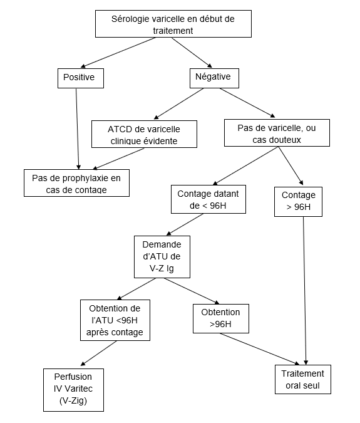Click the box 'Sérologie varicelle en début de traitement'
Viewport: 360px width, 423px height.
[173, 24]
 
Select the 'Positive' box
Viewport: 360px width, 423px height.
[81, 78]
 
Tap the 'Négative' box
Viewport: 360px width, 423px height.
[214, 78]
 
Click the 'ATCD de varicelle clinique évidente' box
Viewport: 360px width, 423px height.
[144, 134]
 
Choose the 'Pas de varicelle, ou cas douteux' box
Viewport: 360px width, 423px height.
[277, 133]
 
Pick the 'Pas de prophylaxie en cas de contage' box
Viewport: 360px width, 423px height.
[76, 183]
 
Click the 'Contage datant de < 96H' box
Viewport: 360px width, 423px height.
[208, 199]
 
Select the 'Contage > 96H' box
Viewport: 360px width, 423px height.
[298, 202]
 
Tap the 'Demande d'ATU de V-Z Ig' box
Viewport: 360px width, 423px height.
[162, 257]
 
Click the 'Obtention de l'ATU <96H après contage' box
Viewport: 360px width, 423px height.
[115, 320]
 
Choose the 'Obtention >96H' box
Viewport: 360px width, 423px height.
[221, 318]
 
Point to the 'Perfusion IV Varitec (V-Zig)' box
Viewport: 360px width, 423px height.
[73, 390]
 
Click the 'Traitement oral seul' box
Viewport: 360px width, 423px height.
[303, 380]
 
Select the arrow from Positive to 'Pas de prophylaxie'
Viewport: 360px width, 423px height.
[78, 129]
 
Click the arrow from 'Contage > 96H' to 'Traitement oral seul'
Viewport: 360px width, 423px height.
[305, 291]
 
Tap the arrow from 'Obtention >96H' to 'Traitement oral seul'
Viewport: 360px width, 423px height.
[260, 349]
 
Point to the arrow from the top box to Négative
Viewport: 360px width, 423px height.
[192, 53]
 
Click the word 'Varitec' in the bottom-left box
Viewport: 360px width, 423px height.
[79, 389]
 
